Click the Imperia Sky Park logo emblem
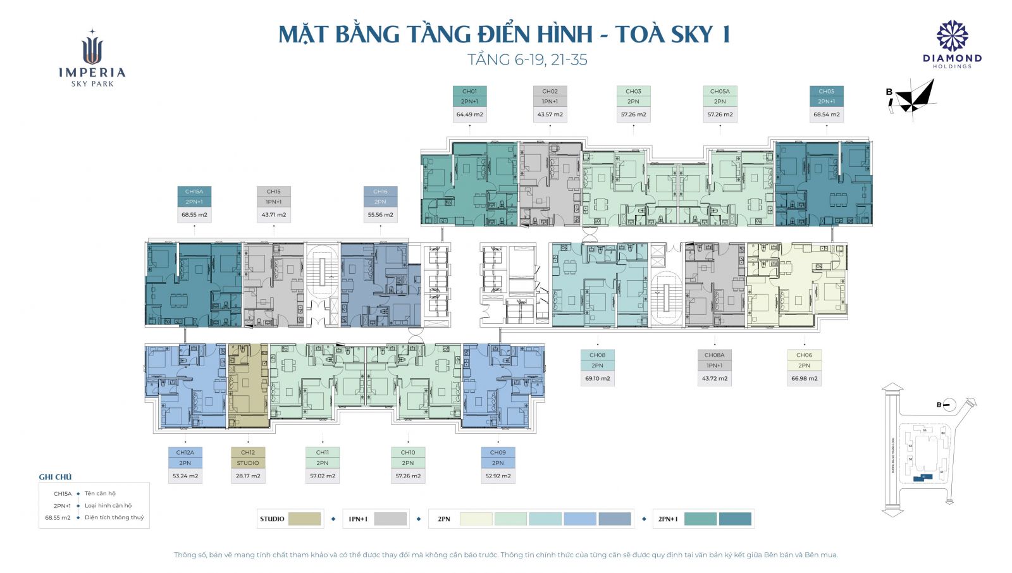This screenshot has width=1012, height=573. (x=92, y=48)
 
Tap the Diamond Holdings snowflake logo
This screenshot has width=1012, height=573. (x=952, y=36)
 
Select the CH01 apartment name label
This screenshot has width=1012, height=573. (x=469, y=91)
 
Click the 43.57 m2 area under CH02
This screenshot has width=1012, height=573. (x=550, y=114)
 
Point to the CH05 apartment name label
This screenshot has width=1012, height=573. (x=826, y=91)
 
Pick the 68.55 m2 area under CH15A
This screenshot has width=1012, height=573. (x=194, y=215)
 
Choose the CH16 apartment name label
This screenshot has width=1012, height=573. (x=380, y=192)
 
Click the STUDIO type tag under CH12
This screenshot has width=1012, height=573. (x=248, y=463)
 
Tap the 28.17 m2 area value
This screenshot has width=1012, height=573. (x=248, y=476)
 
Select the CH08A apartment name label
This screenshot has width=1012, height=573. (x=714, y=355)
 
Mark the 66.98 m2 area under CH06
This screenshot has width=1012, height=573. (x=804, y=379)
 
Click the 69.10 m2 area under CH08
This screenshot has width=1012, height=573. (x=597, y=379)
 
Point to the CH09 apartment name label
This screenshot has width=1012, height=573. (x=498, y=453)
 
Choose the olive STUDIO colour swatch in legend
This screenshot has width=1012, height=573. (x=304, y=519)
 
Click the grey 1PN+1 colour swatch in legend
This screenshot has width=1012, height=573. (x=390, y=519)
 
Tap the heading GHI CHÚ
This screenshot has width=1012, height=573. (x=55, y=477)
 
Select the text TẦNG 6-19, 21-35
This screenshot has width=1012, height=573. (x=527, y=60)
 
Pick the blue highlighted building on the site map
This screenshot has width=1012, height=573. (x=923, y=477)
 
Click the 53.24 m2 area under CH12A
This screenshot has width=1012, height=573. (x=185, y=476)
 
